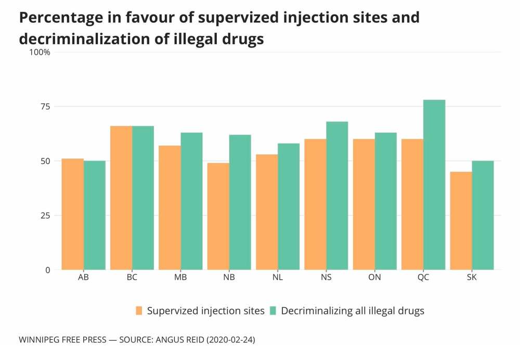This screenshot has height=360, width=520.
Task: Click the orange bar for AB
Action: pyautogui.click(x=73, y=214)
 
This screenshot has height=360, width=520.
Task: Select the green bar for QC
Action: pyautogui.click(x=434, y=185)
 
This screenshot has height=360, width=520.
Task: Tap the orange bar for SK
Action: pyautogui.click(x=461, y=221)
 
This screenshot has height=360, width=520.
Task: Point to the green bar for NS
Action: pyautogui.click(x=337, y=196)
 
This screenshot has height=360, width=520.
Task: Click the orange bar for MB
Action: pyautogui.click(x=170, y=208)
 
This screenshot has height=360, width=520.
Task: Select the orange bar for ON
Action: pyautogui.click(x=364, y=204)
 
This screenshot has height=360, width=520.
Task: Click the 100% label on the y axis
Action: pyautogui.click(x=40, y=52)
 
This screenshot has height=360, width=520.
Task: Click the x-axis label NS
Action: pyautogui.click(x=326, y=277)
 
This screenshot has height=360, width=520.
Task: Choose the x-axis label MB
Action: pyautogui.click(x=180, y=277)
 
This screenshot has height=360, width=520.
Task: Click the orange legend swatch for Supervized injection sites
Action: pyautogui.click(x=139, y=311)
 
